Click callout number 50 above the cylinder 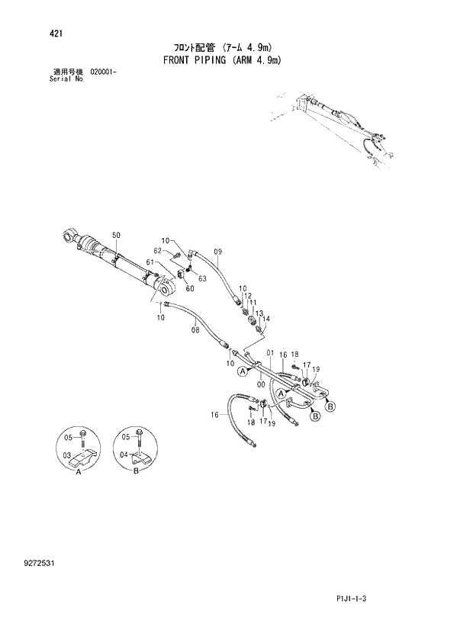coord(116,235)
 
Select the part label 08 coord(195,330)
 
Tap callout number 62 coord(157,251)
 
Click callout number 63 coord(202,279)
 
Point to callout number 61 coord(150,262)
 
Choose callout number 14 coord(266,319)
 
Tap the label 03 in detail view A coord(66,455)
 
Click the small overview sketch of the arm coord(336,126)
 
